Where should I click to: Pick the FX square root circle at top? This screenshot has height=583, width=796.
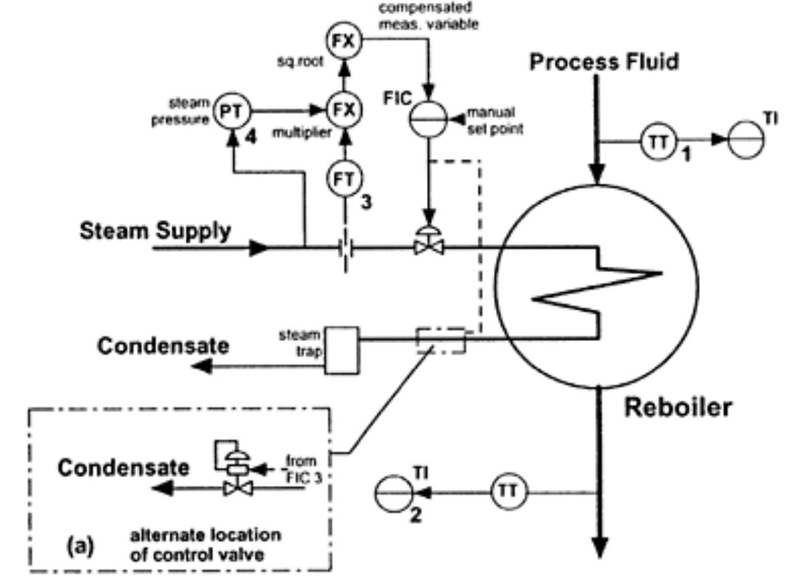coord(343,41)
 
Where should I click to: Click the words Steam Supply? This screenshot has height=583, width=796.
coord(155,232)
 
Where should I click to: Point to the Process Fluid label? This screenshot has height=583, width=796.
coord(604,62)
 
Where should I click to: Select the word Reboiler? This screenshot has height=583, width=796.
coord(677,408)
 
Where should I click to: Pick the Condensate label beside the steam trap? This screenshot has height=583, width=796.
coord(163,346)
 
